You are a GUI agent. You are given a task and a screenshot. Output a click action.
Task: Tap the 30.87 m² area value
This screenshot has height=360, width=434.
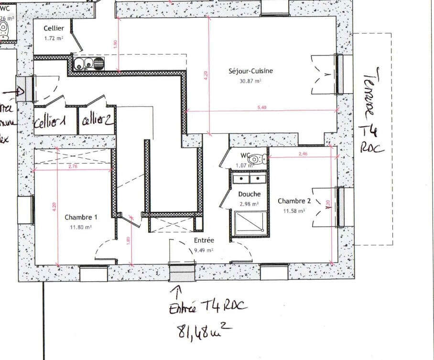coord(250,81)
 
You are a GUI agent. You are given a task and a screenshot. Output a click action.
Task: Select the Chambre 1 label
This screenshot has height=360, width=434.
coord(81,217)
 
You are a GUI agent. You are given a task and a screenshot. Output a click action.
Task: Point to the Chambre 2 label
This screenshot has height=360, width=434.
coord(294,201)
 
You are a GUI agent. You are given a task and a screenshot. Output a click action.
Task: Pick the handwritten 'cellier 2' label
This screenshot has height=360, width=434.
coord(97,120)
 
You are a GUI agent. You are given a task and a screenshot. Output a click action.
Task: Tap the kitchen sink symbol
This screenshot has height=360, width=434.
coord(89,63)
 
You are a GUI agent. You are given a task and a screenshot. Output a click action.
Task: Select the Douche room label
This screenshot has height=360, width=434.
coord(250,194)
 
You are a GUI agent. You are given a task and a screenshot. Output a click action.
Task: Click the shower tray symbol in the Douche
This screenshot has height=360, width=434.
coord(249,223)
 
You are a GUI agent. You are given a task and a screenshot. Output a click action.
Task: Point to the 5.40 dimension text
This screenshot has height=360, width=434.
coord(261,108)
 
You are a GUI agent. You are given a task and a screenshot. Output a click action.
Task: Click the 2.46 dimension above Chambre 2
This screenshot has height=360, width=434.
coord(303,154)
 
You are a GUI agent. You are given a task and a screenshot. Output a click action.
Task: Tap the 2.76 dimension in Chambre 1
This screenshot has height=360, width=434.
coord(73,166)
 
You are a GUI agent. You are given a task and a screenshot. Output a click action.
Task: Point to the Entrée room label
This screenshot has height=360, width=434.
coord(204,240)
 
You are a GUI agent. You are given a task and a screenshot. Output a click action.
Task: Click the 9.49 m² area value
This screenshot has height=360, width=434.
coord(204,250)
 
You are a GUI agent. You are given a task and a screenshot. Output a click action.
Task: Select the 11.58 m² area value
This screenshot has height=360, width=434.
coord(294,210)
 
